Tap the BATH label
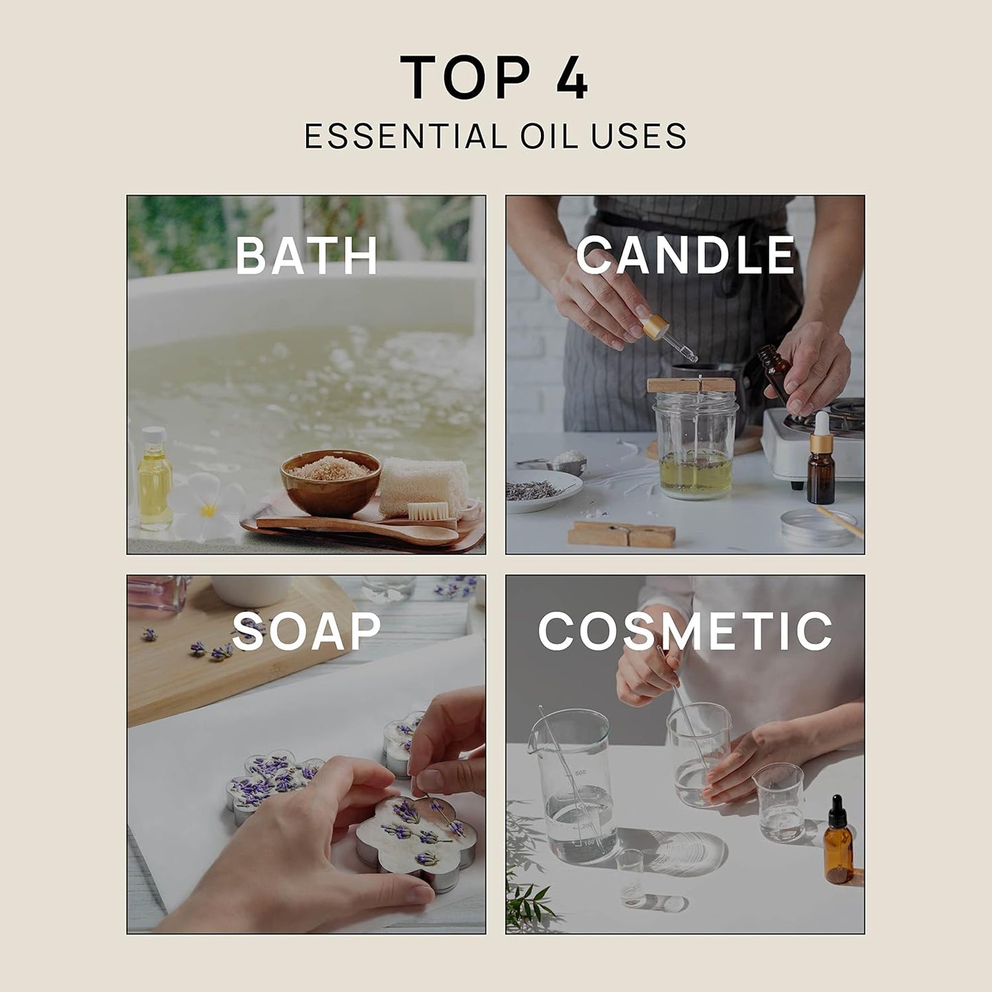306,255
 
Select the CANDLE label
685,255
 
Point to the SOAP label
306,631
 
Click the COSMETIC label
685,631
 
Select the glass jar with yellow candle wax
695,446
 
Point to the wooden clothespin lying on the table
621,533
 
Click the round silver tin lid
817,527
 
